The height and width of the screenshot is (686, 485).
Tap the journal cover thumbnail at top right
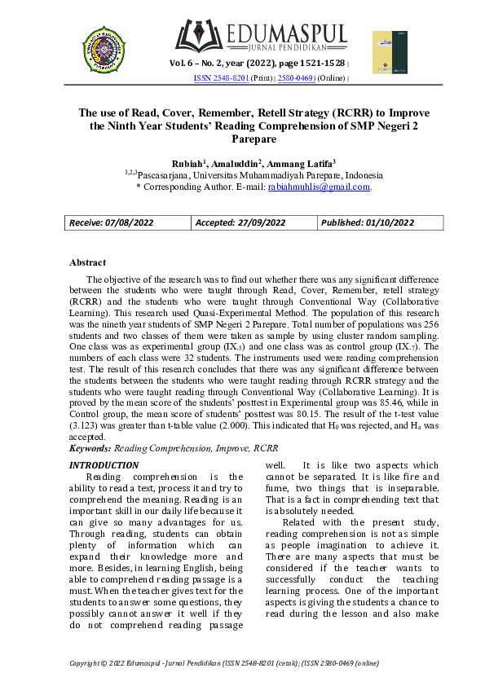[389, 52]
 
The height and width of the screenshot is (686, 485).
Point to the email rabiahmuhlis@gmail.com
[320, 187]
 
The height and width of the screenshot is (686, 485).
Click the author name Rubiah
[187, 163]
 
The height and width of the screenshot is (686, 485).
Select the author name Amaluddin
[235, 163]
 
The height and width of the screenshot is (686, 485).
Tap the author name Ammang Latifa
[294, 163]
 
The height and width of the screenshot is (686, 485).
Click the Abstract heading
[87, 262]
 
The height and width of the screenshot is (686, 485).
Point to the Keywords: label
[90, 447]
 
